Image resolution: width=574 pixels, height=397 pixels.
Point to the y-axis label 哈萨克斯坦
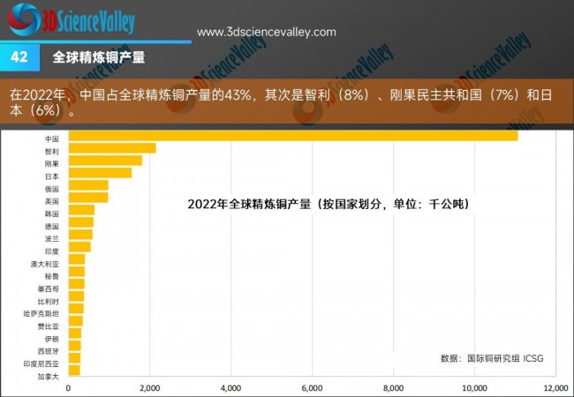click(x=42, y=313)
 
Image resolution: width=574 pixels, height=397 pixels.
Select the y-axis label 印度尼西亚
click(x=42, y=363)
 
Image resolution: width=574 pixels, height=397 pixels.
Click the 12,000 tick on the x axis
click(x=555, y=388)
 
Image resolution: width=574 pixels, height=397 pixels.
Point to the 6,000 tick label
click(x=312, y=388)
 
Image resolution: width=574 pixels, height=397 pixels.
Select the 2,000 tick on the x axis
click(x=149, y=388)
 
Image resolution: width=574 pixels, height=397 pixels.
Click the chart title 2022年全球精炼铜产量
click(x=328, y=204)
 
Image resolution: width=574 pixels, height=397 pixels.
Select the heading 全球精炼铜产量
click(x=99, y=56)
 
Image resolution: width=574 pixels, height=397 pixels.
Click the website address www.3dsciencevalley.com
click(x=266, y=32)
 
